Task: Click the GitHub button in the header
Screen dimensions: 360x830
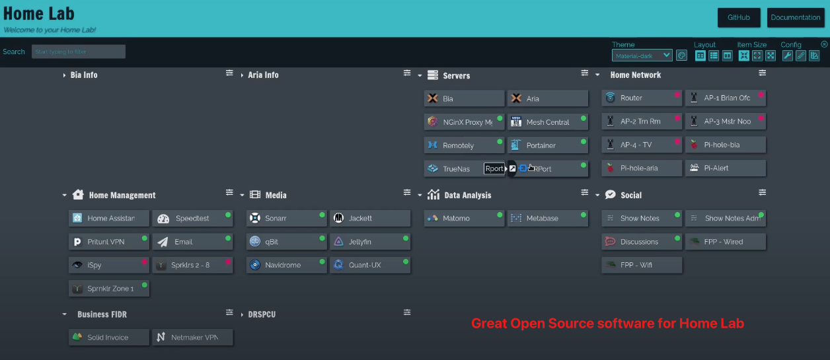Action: coord(738,17)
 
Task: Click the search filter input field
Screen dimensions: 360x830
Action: coord(78,52)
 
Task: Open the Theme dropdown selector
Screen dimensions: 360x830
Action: coord(642,55)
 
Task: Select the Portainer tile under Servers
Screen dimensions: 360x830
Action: coord(547,145)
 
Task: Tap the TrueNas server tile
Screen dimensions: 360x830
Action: coord(456,168)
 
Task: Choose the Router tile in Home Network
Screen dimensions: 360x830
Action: coord(641,98)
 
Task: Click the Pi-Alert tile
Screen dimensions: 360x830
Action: coord(725,168)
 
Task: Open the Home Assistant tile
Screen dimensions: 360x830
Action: coord(109,219)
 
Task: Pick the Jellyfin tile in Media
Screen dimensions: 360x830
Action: coord(369,242)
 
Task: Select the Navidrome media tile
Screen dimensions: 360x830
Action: coord(286,265)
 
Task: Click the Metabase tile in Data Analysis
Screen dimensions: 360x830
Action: coord(547,219)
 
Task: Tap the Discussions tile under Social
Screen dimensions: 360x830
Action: coord(641,242)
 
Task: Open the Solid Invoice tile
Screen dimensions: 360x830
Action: coord(109,338)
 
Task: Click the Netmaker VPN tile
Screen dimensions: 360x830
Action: coord(192,338)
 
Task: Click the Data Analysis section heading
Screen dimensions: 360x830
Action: coord(467,196)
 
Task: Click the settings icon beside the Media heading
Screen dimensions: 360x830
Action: coord(407,192)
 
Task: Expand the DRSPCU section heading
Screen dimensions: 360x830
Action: coord(262,314)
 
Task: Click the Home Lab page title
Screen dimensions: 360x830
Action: coord(39,13)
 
